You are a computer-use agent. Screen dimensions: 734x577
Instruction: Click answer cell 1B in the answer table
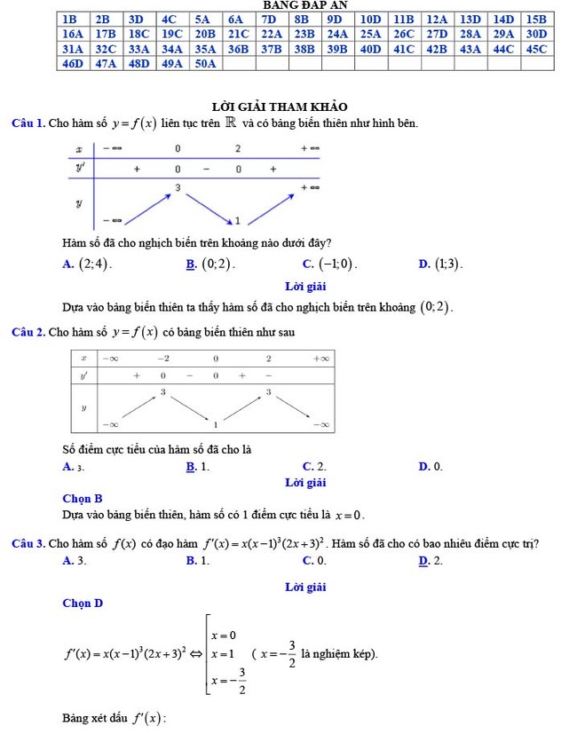pos(73,18)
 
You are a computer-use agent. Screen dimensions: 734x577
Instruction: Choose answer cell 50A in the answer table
pos(206,64)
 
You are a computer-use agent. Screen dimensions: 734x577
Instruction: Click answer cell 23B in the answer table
pos(304,33)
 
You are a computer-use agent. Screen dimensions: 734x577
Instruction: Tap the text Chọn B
pos(83,499)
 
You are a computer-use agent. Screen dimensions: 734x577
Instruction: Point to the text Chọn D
pos(83,604)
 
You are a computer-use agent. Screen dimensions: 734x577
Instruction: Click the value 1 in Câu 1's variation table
pos(238,219)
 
